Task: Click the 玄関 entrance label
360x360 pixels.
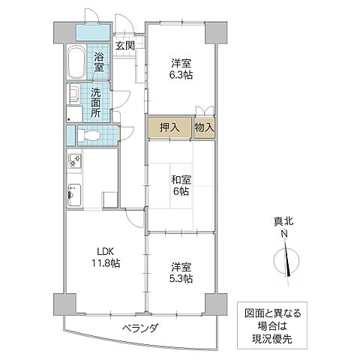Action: tap(124, 46)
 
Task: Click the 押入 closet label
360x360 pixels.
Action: tap(170, 127)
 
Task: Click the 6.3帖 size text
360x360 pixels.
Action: tap(181, 76)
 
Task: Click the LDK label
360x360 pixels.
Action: tap(103, 251)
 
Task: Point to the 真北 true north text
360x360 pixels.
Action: tap(284, 221)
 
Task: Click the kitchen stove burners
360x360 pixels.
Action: tap(75, 160)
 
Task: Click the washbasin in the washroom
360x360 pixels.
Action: tap(73, 95)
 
